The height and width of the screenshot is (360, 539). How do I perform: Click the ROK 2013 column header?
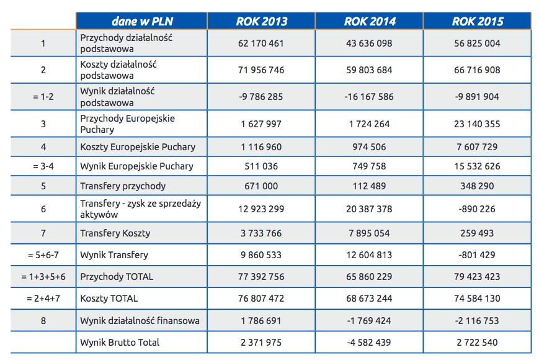[x=262, y=21]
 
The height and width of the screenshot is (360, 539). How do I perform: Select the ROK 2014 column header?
[x=370, y=21]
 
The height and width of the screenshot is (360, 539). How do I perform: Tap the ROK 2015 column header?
[x=478, y=21]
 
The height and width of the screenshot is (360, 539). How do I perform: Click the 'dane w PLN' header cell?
[x=142, y=21]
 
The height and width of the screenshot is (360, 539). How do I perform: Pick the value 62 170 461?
[x=261, y=43]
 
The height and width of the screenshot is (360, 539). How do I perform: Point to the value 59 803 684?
[x=369, y=70]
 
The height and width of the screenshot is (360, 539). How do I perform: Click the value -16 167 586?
[x=369, y=97]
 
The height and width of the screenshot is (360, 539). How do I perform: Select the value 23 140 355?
[x=477, y=124]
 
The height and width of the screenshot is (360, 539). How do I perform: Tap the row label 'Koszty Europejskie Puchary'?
[x=138, y=147]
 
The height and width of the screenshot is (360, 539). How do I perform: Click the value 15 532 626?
[x=477, y=166]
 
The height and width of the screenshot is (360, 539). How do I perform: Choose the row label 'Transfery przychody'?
[x=123, y=186]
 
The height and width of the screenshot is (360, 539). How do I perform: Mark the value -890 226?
[x=477, y=209]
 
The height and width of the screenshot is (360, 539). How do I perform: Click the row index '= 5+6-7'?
[x=43, y=255]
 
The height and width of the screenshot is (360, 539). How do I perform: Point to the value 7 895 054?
[x=369, y=233]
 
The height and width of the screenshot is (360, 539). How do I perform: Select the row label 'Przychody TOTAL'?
[x=117, y=277]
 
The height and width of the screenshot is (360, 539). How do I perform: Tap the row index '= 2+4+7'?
[x=43, y=299]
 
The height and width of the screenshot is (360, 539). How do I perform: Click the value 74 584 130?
[x=477, y=299]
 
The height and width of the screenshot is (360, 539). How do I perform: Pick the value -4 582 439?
[x=369, y=343]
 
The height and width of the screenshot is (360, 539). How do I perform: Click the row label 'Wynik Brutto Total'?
[x=120, y=343]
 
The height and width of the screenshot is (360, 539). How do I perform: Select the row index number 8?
[x=43, y=321]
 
